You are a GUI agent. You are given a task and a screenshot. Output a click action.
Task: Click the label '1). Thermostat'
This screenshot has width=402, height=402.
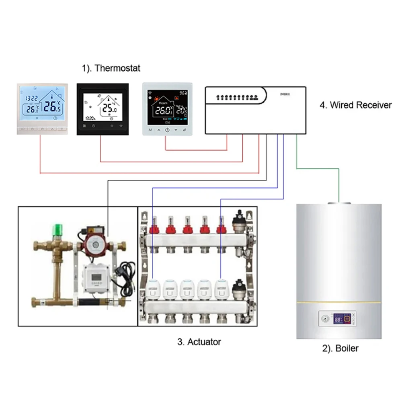coord(111,68)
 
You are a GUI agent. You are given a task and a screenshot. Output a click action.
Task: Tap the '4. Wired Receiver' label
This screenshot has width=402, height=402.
coord(355,105)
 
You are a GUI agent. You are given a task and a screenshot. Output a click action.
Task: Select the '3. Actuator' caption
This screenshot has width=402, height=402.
coord(199,342)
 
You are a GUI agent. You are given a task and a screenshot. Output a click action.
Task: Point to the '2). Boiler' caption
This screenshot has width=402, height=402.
coord(340,348)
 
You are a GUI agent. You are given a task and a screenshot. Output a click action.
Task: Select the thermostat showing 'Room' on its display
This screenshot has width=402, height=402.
coord(168,109)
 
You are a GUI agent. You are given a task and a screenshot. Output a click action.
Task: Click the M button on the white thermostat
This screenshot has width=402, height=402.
coord(150,130)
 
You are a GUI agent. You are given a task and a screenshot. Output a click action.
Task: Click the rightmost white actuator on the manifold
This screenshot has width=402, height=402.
coord(222,289)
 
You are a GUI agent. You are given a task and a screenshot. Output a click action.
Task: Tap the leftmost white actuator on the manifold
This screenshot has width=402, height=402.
coord(153,289)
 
